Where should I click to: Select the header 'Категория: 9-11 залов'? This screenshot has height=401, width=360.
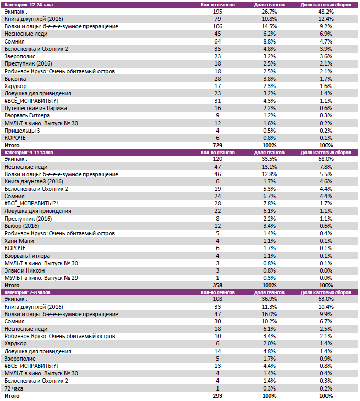click(x=28, y=152)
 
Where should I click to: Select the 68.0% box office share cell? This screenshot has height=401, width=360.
click(x=325, y=159)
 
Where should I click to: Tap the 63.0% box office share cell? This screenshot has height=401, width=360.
click(x=325, y=299)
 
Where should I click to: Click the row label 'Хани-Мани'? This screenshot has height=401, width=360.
click(x=19, y=241)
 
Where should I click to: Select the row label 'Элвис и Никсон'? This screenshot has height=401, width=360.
click(x=24, y=270)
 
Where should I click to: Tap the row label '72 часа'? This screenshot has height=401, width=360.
click(x=14, y=388)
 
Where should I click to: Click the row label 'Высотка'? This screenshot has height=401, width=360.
click(x=16, y=78)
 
